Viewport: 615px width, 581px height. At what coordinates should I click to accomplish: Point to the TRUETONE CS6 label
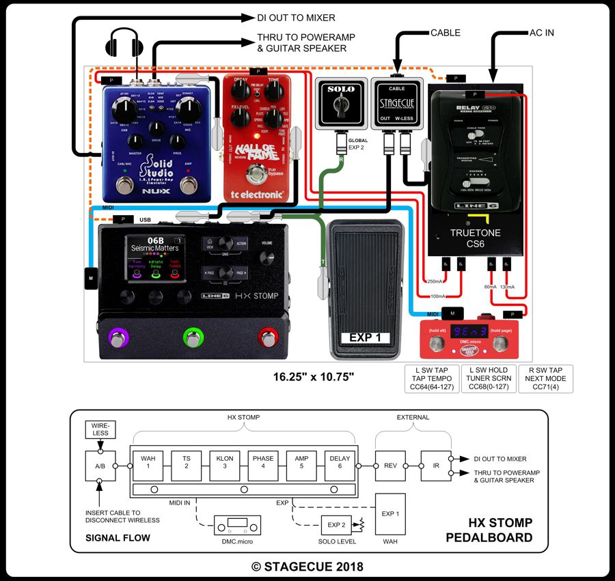[x=475, y=238]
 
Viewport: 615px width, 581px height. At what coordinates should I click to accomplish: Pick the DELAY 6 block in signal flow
[x=340, y=462]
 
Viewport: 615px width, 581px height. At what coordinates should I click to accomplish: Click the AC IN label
[x=542, y=32]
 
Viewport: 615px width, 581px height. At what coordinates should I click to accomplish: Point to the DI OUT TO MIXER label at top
[x=296, y=18]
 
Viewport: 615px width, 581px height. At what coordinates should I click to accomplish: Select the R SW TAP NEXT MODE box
[x=546, y=379]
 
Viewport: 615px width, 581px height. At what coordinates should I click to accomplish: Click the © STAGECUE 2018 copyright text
[x=307, y=566]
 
